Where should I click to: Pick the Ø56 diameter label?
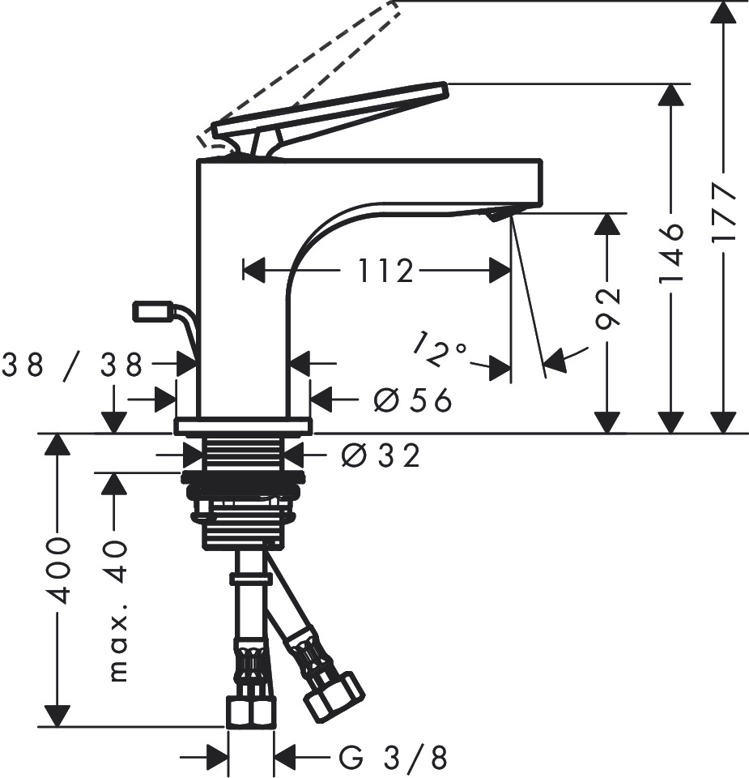click(412, 399)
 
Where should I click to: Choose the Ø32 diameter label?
click(381, 456)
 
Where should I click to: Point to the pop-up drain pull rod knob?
click(151, 310)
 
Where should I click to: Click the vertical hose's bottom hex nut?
click(251, 712)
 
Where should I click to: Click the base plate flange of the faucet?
click(243, 425)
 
